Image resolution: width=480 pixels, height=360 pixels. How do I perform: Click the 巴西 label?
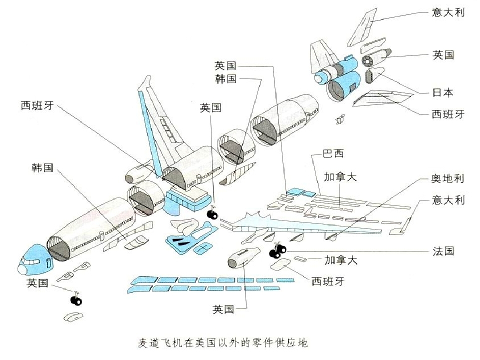point(333,153)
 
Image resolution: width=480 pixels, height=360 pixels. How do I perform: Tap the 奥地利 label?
point(448,178)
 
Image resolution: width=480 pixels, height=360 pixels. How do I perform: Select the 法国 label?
point(443,251)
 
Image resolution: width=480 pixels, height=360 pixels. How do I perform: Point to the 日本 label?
point(443,92)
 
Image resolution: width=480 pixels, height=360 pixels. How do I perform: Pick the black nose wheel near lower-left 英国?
point(75,300)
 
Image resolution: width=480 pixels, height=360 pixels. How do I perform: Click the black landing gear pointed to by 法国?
point(277,250)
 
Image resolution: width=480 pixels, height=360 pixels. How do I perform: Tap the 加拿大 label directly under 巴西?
point(340,177)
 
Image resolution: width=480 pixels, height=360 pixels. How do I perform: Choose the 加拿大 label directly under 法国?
point(340,260)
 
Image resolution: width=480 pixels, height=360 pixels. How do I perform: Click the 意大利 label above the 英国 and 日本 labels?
point(448,12)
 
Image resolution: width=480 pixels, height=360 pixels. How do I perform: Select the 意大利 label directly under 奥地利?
point(448,200)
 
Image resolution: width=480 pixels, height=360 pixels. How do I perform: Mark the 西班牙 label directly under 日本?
point(448,114)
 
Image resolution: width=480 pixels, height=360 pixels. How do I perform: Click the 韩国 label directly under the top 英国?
point(225,79)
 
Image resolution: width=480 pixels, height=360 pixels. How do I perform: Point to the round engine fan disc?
point(369,61)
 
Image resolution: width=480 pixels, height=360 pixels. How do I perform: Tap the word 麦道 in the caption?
point(148,343)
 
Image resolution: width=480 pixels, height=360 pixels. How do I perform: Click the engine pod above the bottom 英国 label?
point(241,256)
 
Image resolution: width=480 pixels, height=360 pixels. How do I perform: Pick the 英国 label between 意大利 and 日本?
point(443,54)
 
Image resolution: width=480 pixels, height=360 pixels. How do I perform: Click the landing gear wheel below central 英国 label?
point(212,214)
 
